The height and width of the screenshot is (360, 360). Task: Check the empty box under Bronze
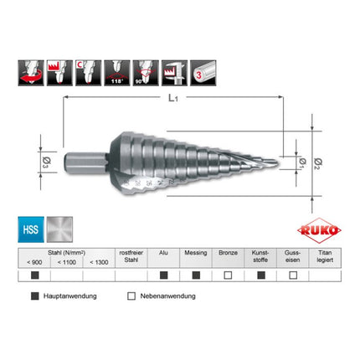click(229, 275)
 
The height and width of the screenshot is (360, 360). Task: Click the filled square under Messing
click(198, 275)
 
